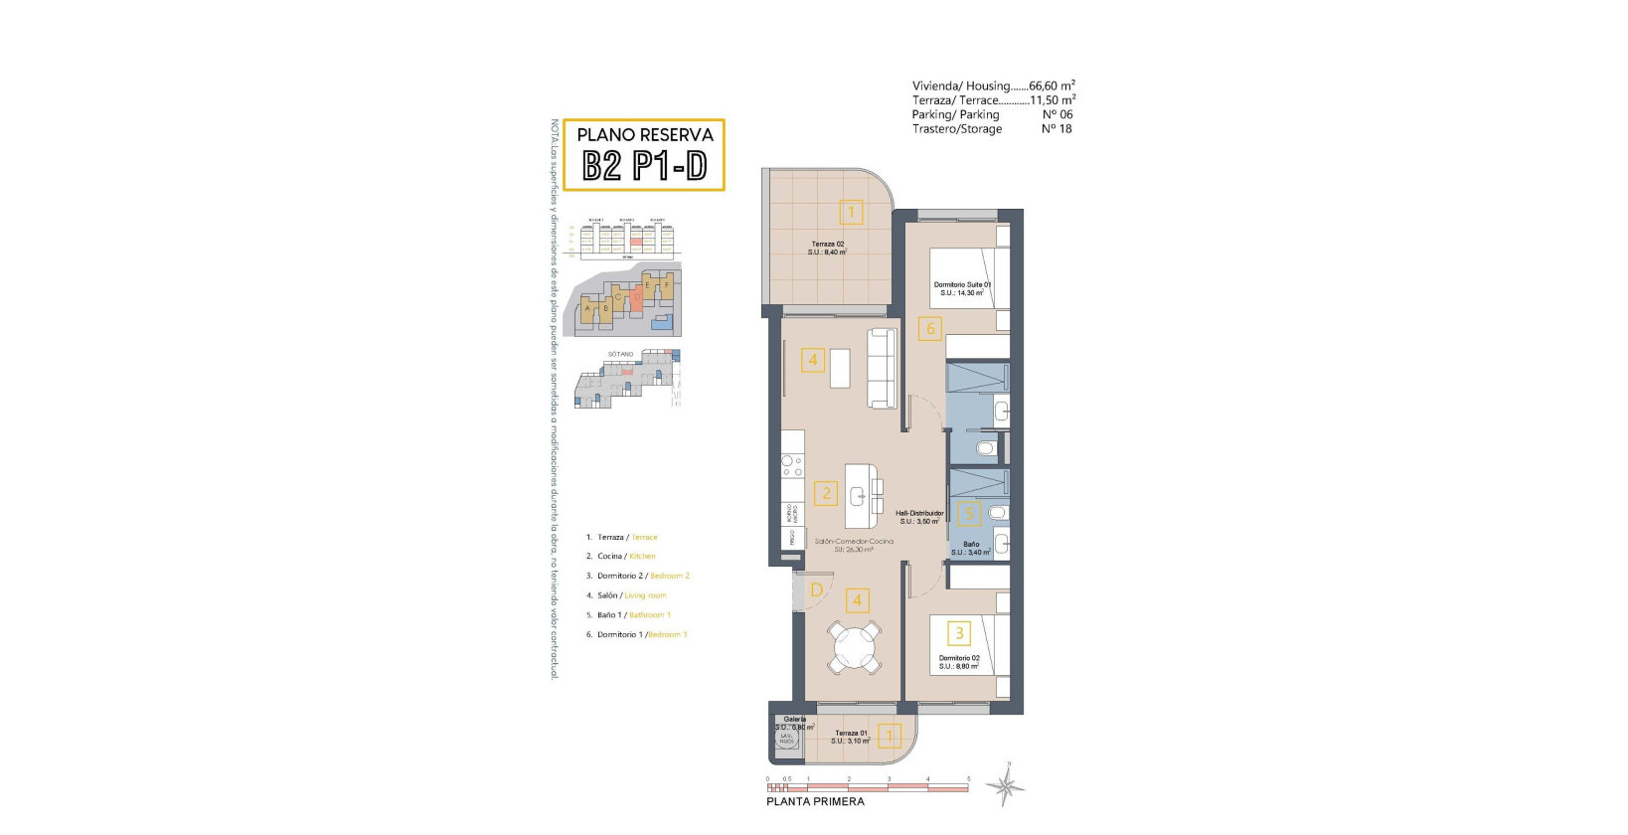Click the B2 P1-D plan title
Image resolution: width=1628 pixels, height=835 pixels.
tap(644, 166)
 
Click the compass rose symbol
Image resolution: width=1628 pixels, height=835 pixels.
tap(1006, 787)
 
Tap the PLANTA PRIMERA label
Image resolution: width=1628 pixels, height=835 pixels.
tap(815, 801)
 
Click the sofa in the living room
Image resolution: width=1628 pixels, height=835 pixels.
tap(882, 368)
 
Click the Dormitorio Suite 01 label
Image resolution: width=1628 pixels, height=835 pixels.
tap(961, 288)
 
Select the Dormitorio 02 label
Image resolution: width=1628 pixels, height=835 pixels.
tap(959, 662)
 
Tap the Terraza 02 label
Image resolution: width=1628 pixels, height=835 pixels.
tap(827, 248)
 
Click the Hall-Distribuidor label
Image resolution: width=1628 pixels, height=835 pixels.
tap(919, 517)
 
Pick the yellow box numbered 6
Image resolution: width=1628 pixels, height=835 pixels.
tap(930, 328)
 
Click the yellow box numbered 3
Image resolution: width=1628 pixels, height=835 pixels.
tap(959, 632)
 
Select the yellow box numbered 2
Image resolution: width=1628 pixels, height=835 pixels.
tap(825, 493)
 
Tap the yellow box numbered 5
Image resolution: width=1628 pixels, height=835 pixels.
tap(969, 514)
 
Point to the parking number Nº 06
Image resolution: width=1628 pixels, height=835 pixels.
tap(1057, 114)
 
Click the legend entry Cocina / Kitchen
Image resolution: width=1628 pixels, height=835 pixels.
tap(626, 557)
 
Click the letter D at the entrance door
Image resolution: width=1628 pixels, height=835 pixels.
tap(816, 590)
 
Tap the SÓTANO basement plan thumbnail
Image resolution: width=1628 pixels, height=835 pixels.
tap(628, 380)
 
